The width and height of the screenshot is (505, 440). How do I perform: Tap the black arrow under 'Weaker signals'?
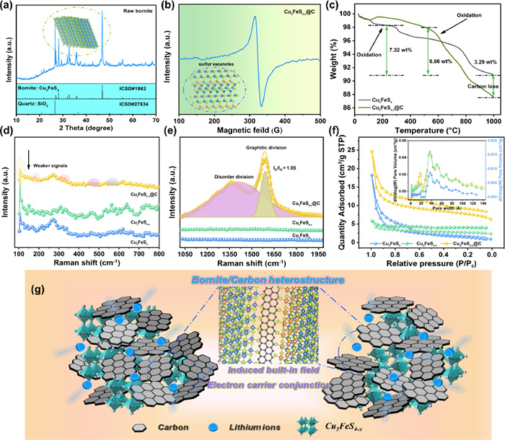28,148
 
